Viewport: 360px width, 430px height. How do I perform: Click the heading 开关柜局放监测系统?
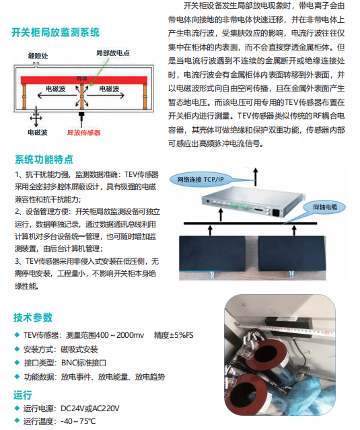click(55, 32)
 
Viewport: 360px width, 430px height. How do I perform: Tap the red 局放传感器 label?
click(84, 133)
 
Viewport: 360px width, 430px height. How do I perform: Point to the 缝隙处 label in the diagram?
click(38, 56)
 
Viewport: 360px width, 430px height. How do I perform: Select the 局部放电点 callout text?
click(112, 53)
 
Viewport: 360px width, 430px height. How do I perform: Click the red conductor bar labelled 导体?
click(84, 80)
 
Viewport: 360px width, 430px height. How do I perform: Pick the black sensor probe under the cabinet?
click(81, 117)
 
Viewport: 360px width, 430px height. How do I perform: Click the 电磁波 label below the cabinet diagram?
click(38, 133)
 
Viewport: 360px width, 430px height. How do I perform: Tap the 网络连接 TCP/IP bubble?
click(201, 180)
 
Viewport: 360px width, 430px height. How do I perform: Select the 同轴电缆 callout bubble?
click(325, 207)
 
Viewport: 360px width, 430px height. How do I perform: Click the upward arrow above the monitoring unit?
click(256, 177)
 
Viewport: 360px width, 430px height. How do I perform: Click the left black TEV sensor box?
click(213, 254)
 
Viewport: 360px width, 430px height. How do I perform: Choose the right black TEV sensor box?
click(292, 254)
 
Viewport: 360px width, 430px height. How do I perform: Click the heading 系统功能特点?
click(44, 159)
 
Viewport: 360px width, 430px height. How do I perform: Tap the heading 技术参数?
click(33, 318)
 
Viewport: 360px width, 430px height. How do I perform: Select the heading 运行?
click(23, 395)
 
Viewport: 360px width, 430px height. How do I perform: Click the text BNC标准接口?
click(84, 363)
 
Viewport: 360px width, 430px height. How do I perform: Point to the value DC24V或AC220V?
click(90, 408)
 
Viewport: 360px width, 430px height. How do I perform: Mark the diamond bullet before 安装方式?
click(17, 349)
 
